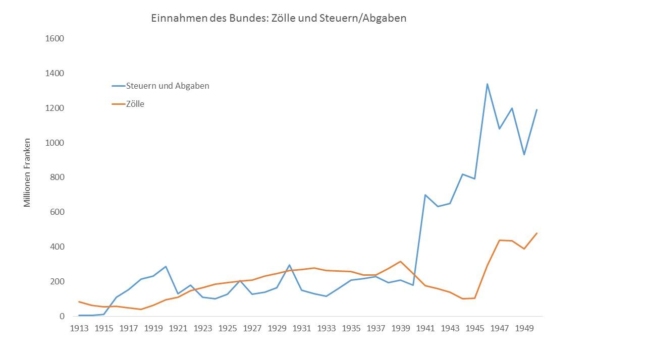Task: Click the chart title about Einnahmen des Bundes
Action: pyautogui.click(x=279, y=18)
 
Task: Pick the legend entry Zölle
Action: pyautogui.click(x=135, y=104)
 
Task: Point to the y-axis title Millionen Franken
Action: pyautogui.click(x=27, y=172)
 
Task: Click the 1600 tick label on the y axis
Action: pyautogui.click(x=55, y=39)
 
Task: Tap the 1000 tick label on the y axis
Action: pyautogui.click(x=55, y=143)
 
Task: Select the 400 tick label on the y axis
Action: pyautogui.click(x=57, y=247)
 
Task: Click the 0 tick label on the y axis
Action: pyautogui.click(x=62, y=316)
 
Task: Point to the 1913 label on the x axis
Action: pyautogui.click(x=79, y=328)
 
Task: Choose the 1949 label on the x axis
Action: pyautogui.click(x=524, y=328)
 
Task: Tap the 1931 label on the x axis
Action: pyautogui.click(x=302, y=328)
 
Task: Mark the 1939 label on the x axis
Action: pyautogui.click(x=401, y=328)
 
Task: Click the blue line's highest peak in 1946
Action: pyautogui.click(x=487, y=84)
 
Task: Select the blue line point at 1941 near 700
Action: pyautogui.click(x=425, y=195)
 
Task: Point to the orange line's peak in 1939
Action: pyautogui.click(x=401, y=261)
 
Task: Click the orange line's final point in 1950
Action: pyautogui.click(x=537, y=233)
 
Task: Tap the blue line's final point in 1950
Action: pyautogui.click(x=537, y=109)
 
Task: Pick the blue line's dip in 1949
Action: pyautogui.click(x=524, y=154)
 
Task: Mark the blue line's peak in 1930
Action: pyautogui.click(x=289, y=265)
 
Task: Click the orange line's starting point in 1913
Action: pyautogui.click(x=79, y=301)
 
